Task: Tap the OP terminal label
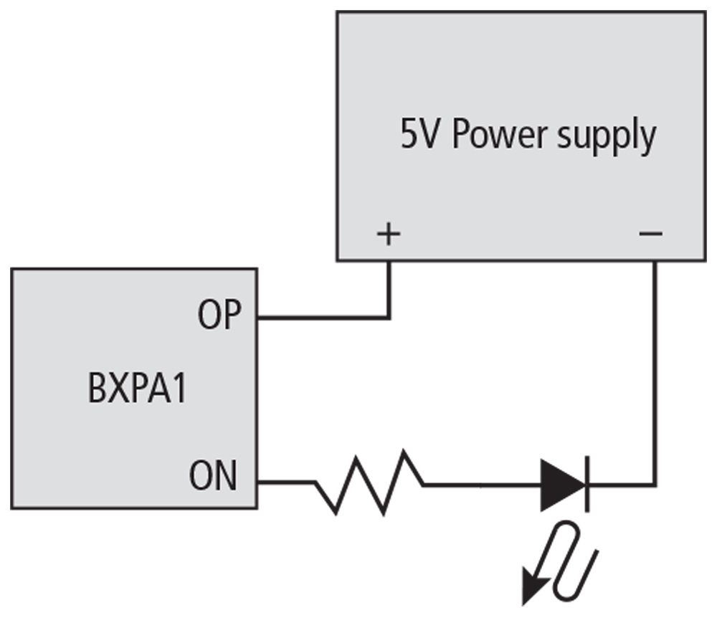(220, 315)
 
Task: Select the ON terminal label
(213, 477)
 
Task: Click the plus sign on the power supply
(388, 234)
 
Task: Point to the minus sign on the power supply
(651, 234)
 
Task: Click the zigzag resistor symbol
(369, 482)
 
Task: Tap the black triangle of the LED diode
(562, 485)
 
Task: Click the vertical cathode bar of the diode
(587, 485)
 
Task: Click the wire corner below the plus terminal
(389, 317)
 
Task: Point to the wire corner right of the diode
(654, 485)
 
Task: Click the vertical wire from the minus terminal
(654, 373)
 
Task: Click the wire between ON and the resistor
(287, 482)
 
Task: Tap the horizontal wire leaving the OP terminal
(323, 317)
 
